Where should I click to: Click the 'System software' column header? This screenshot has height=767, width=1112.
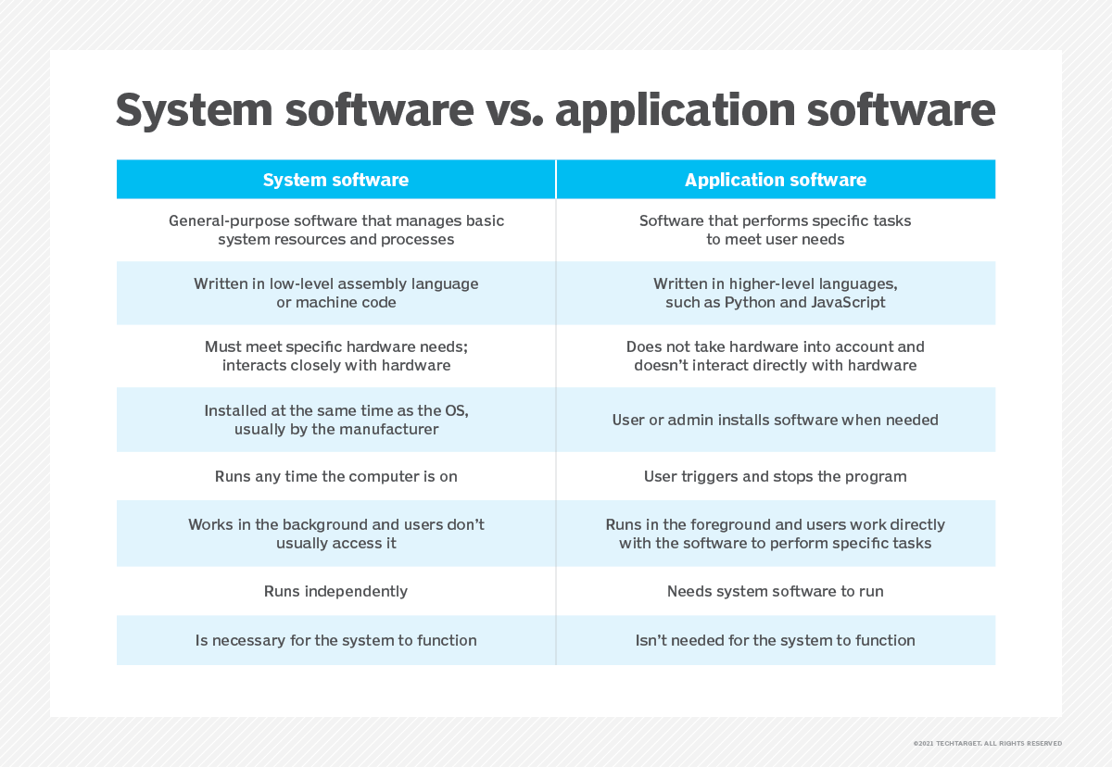[335, 180]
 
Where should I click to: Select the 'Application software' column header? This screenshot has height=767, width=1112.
[776, 180]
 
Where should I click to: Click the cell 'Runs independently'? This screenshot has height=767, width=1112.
[335, 591]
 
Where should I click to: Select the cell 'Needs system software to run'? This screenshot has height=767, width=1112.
[776, 591]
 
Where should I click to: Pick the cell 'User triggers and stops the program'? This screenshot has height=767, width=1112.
[776, 477]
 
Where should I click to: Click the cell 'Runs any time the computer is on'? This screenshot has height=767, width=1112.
[335, 477]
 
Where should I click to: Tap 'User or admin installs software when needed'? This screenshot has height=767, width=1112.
[776, 420]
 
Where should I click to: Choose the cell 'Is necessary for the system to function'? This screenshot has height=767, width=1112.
[335, 640]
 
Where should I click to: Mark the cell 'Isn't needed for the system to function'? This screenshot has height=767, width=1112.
[776, 640]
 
